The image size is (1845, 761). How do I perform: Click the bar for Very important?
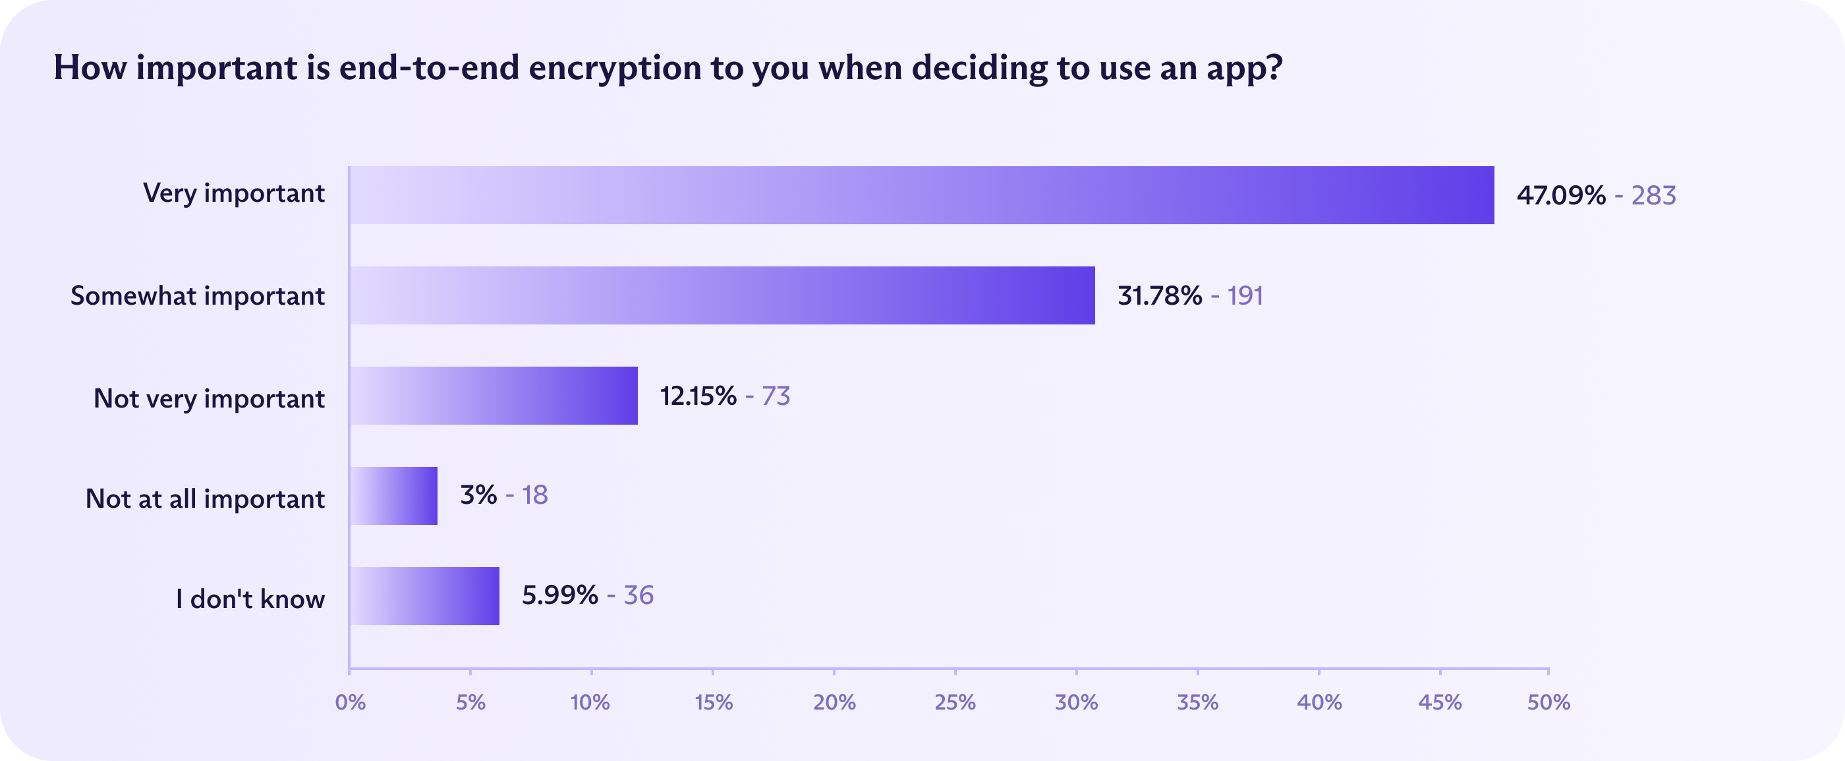pos(922,195)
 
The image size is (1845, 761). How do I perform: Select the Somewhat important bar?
pos(722,295)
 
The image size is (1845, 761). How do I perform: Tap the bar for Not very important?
pos(494,396)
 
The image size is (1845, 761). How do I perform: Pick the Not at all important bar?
pos(393,496)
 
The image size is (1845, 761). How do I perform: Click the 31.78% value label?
pos(1160,295)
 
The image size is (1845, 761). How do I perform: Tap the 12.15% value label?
pos(698,396)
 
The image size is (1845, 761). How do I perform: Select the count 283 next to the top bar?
pos(1654,195)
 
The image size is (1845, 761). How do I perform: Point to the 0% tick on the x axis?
pos(351,702)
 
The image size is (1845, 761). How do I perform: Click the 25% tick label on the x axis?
pos(955,702)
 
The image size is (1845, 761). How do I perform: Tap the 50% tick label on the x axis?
pos(1548,702)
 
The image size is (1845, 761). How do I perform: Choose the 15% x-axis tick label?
pos(714,702)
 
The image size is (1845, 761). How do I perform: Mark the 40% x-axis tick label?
pos(1319,702)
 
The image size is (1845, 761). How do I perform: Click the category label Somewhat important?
pos(198,295)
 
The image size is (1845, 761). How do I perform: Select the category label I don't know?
pos(250,598)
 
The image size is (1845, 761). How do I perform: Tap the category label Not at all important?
pos(205,498)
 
